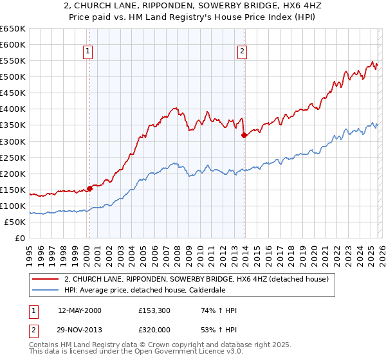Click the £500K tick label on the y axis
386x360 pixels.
tap(13, 77)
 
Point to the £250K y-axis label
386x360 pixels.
tap(13, 157)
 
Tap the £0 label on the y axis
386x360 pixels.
tap(21, 238)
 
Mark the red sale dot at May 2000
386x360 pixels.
tap(89, 188)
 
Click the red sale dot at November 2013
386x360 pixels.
tap(244, 135)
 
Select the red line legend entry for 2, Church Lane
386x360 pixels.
tap(196, 279)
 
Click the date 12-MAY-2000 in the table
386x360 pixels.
tap(80, 310)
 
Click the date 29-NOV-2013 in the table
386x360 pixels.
tap(80, 329)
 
